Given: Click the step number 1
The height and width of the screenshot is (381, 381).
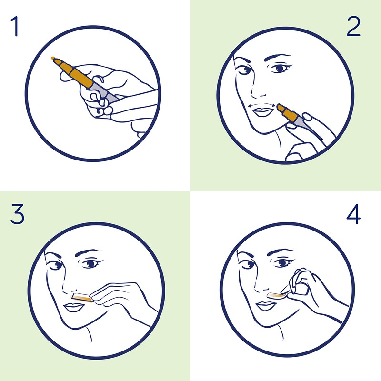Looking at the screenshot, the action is click(x=15, y=26).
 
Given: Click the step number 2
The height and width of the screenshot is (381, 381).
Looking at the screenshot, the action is click(x=353, y=26).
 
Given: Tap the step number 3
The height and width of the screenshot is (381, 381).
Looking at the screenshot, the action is click(x=17, y=214).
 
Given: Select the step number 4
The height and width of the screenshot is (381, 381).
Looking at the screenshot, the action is click(x=353, y=214).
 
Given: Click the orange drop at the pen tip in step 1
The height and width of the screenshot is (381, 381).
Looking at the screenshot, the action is click(x=53, y=58).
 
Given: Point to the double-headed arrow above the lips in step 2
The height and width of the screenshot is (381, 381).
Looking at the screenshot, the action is click(x=261, y=104).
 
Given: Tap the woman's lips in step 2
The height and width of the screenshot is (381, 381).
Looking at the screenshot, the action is click(x=263, y=112).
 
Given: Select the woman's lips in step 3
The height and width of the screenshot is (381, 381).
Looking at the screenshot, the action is click(x=74, y=307).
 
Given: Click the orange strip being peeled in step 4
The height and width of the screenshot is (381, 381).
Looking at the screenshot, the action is click(x=277, y=295).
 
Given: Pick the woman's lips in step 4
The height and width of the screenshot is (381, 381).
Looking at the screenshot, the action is click(x=266, y=306).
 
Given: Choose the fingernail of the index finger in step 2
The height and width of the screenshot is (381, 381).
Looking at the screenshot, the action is click(x=307, y=117).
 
